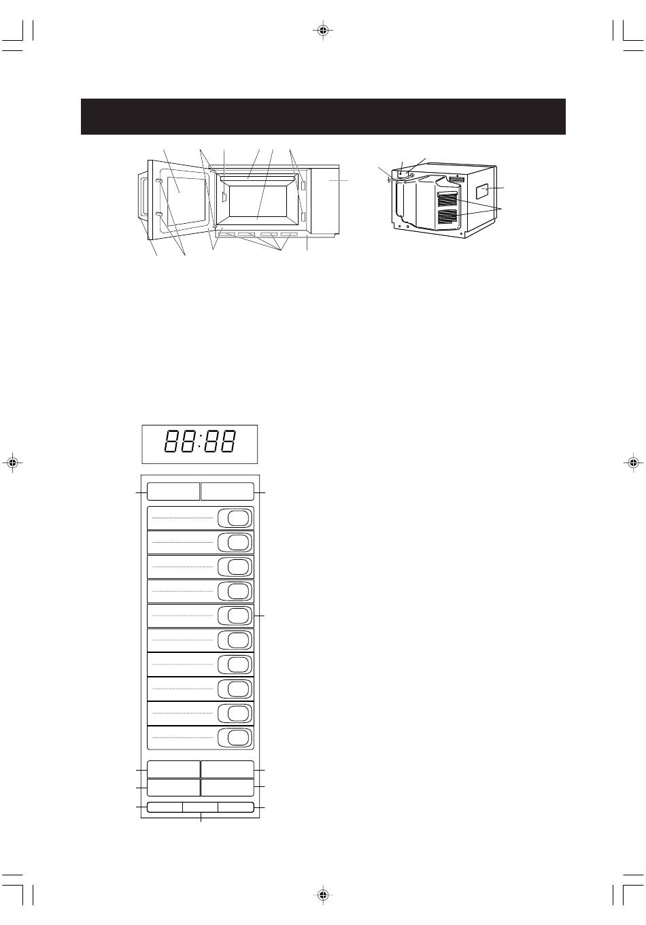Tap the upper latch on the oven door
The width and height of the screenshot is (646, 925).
(159, 182)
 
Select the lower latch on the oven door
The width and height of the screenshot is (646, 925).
(159, 214)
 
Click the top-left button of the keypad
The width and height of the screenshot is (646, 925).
(173, 491)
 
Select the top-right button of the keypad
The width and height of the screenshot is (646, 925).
(227, 491)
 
